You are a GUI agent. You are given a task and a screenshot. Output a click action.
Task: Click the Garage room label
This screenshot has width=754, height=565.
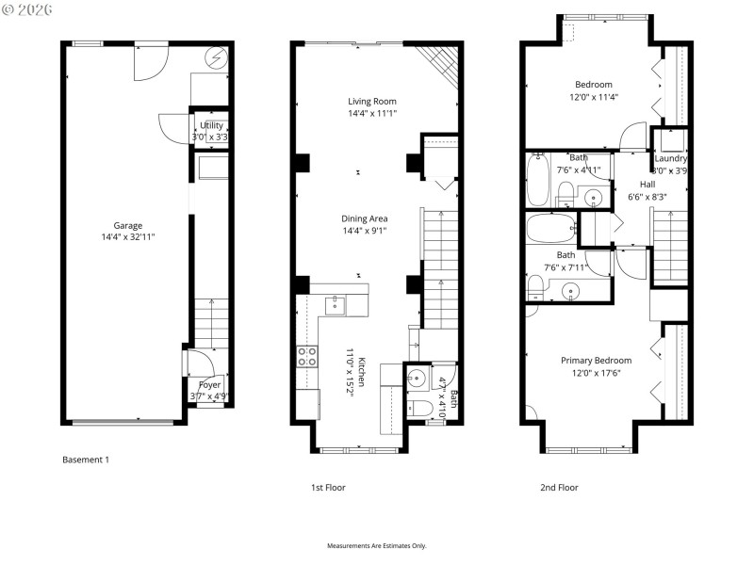coord(128,225)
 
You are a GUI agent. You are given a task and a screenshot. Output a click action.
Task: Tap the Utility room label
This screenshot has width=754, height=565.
coord(211,125)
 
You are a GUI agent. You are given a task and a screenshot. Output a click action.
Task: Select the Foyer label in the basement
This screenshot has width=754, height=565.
coord(209,384)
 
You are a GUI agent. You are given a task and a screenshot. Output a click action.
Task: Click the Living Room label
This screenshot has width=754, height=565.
coord(371,101)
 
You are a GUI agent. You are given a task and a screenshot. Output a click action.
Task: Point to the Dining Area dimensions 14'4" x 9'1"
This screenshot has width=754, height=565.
coord(366,231)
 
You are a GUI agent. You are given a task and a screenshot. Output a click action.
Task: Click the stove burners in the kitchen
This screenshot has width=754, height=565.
coord(307,355)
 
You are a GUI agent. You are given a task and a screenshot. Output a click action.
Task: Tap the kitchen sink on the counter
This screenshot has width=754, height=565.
coord(334,304)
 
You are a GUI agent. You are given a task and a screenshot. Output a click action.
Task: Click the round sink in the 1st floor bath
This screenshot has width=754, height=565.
coord(418,379)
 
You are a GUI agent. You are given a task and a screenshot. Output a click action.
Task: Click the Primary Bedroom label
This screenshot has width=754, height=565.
coord(596,360)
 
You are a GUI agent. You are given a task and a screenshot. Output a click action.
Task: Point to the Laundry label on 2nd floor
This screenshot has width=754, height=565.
coord(671,158)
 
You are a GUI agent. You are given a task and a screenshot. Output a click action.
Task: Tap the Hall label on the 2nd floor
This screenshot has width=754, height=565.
coord(647,184)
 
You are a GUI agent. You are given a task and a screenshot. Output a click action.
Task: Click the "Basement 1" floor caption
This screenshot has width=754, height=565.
coord(86,460)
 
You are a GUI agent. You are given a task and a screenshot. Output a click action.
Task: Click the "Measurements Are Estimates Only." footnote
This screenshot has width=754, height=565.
coord(377,546)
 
